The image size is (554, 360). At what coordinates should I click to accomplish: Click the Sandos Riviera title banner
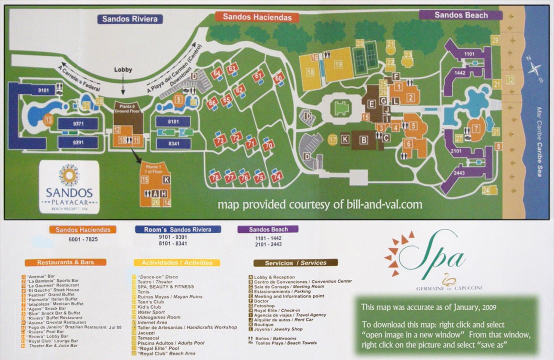point(130,19)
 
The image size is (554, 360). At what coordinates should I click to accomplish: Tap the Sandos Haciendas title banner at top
point(257,17)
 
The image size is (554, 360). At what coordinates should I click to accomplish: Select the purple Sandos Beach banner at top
point(460,15)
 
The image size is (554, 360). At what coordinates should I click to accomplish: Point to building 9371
point(77,123)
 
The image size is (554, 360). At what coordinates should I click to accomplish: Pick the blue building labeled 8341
point(173,143)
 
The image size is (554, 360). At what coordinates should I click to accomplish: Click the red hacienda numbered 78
point(215,177)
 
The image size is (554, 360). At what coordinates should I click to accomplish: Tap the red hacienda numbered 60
point(278,77)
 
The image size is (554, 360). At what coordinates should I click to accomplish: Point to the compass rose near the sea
point(534,70)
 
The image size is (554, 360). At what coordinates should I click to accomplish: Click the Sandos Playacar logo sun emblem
point(68,175)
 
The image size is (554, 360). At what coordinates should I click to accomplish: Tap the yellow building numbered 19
point(338,64)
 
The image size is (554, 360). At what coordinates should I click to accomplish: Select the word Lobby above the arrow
point(123,69)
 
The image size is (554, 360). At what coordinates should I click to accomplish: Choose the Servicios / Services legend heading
point(295,262)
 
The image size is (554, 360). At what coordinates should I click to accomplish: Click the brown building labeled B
point(363,139)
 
